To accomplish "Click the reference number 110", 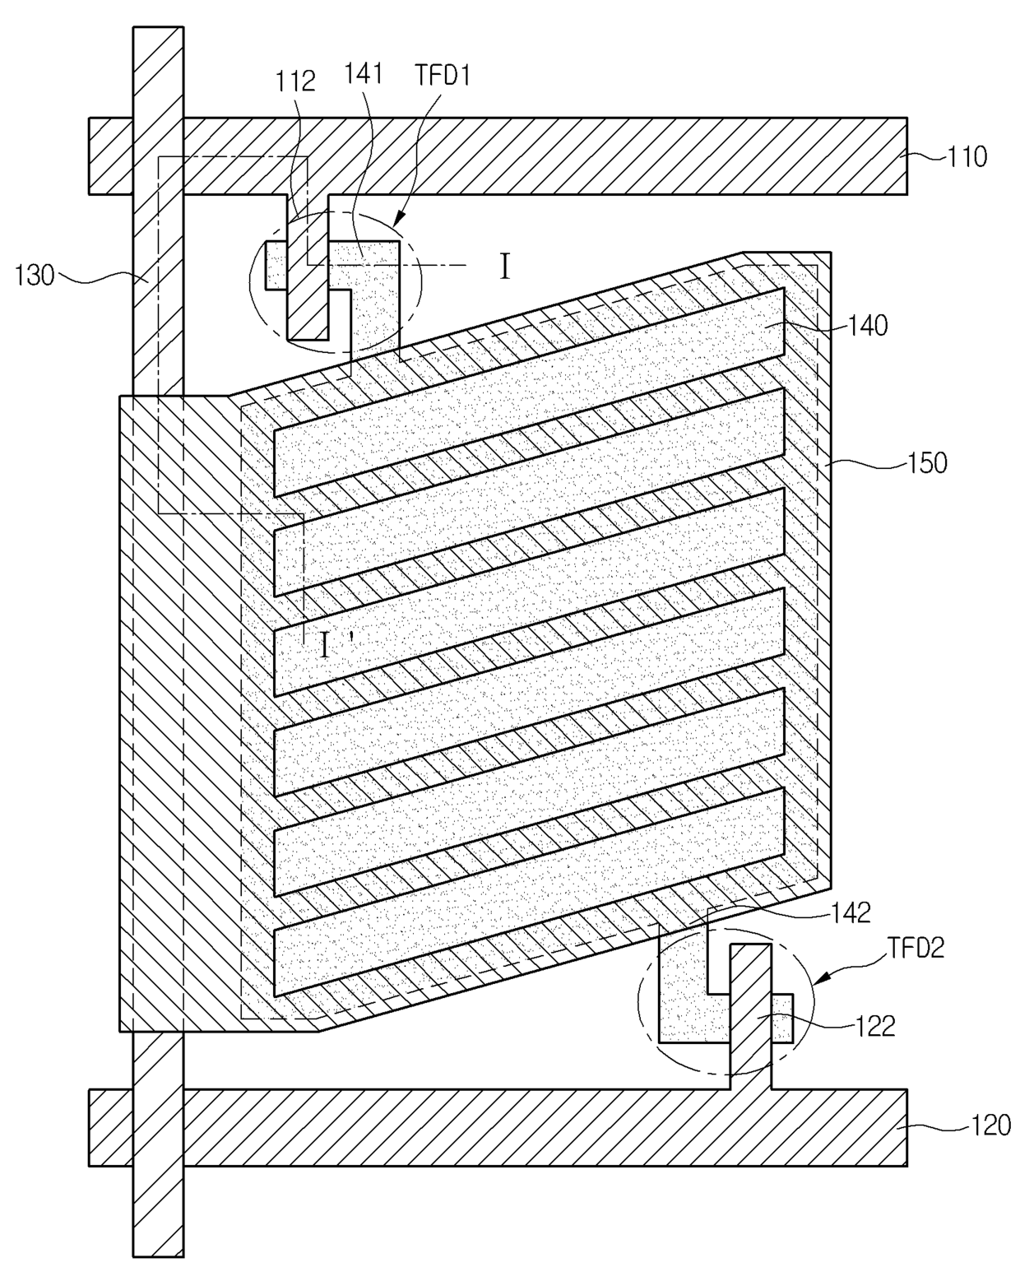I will [x=967, y=156].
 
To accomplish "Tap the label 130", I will [x=34, y=275].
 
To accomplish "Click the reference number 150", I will [x=927, y=462].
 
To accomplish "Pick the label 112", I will [x=295, y=81].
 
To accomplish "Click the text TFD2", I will [x=916, y=949].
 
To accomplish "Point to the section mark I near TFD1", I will [x=505, y=267].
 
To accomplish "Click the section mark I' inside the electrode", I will [x=326, y=647].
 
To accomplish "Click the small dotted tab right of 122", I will [x=782, y=1018].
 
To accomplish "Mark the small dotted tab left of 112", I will [x=276, y=265].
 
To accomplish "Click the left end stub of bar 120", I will [x=109, y=1127].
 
